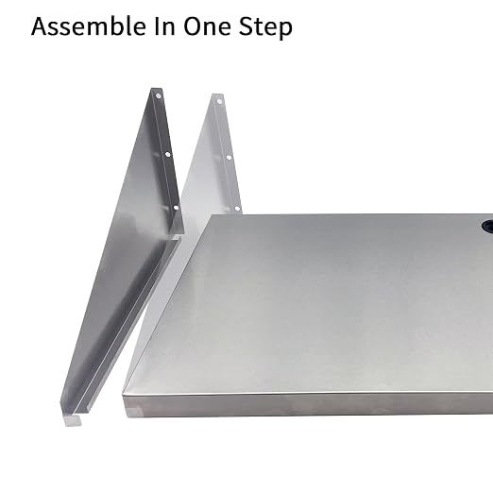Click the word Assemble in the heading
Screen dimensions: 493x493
(x=89, y=25)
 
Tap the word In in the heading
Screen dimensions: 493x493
(x=164, y=26)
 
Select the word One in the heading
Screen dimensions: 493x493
(x=207, y=26)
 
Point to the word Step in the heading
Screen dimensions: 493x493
(x=265, y=27)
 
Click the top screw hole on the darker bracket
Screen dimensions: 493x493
(x=159, y=95)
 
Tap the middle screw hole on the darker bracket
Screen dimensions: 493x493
(x=167, y=154)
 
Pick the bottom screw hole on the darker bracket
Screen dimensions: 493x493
(x=176, y=208)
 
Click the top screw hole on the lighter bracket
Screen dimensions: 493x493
(x=219, y=101)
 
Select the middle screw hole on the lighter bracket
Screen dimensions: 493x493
(x=229, y=158)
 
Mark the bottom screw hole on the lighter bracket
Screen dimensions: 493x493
(x=238, y=209)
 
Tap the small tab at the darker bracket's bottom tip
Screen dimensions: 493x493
(x=73, y=420)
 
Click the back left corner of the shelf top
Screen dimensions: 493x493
(x=212, y=215)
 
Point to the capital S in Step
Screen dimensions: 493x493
(x=246, y=25)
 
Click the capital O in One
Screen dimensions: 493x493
(x=193, y=25)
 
